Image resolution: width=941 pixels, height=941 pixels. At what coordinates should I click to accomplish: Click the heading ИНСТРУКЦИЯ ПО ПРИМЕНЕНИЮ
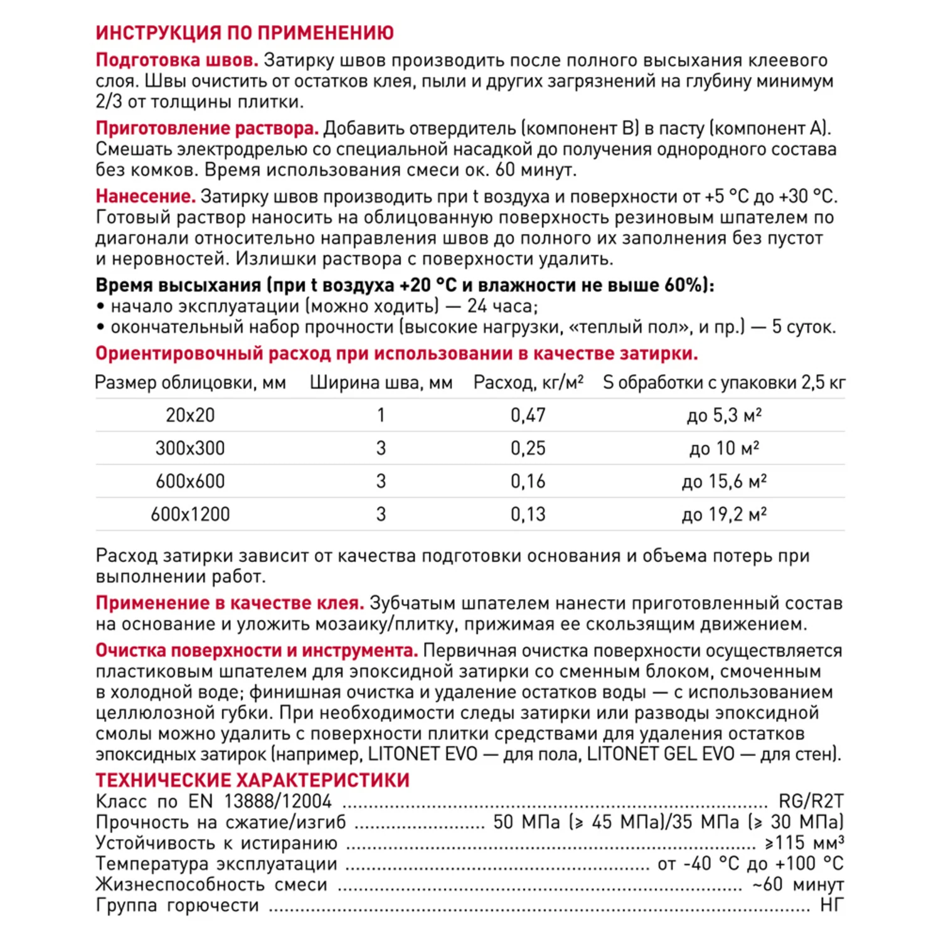(245, 33)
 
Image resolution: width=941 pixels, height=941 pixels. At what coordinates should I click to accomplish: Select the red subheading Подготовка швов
(177, 60)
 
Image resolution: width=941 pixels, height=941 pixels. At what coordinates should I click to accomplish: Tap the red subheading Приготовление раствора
(207, 128)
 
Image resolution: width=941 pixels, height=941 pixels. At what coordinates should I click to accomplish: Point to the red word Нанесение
(146, 196)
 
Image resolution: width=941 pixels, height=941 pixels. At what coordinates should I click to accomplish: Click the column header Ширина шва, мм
(381, 383)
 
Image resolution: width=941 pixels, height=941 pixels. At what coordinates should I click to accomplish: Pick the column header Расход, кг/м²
(528, 383)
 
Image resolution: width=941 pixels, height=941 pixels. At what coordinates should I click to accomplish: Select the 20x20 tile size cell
(190, 415)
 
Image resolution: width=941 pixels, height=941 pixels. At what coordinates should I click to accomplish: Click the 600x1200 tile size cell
(190, 514)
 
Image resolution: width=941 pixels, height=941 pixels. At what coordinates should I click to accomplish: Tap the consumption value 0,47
(528, 415)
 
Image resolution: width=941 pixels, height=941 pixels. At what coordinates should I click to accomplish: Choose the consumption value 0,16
(528, 481)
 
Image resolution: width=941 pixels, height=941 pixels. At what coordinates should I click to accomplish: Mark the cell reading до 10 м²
(724, 449)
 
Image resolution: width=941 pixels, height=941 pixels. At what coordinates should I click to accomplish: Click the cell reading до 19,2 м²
(724, 514)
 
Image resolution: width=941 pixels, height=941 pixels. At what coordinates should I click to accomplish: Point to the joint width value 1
(381, 415)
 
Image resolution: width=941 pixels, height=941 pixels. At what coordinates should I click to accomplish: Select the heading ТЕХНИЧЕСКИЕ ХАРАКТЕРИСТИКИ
(252, 780)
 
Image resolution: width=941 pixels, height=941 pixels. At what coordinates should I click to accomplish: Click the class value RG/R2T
(811, 801)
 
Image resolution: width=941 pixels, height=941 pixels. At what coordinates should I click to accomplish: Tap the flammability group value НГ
(831, 905)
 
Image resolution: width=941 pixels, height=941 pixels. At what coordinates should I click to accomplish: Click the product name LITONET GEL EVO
(661, 753)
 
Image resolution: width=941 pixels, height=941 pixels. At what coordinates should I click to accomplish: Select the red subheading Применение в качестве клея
(230, 603)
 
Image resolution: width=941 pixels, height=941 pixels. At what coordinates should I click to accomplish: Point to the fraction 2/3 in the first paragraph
(109, 102)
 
